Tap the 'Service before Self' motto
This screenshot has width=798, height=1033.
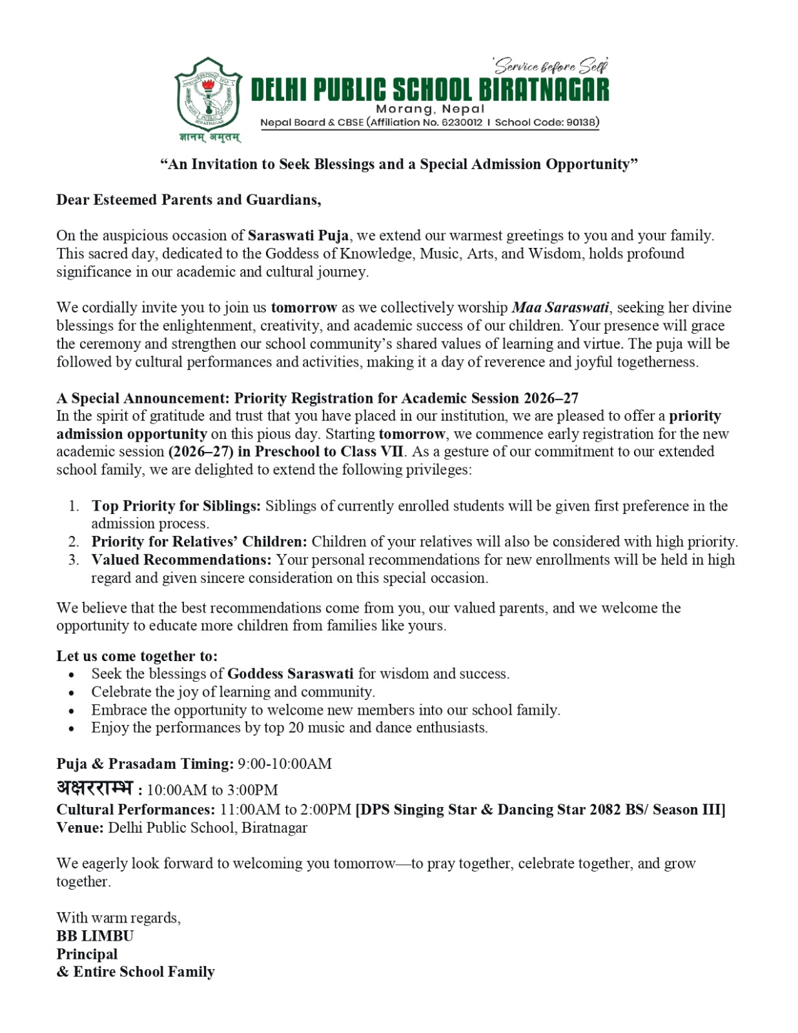pyautogui.click(x=551, y=66)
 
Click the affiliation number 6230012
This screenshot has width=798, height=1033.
pyautogui.click(x=462, y=123)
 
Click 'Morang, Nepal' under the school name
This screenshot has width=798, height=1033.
pyautogui.click(x=430, y=108)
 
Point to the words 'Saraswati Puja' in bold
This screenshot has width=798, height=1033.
pyautogui.click(x=298, y=236)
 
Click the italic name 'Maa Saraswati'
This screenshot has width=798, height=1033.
pyautogui.click(x=560, y=307)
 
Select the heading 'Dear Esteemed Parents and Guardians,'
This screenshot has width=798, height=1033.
pyautogui.click(x=189, y=199)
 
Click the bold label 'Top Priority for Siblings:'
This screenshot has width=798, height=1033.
pyautogui.click(x=176, y=506)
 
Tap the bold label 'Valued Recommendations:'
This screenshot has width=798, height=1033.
pyautogui.click(x=181, y=560)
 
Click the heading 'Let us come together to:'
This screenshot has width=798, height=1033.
pyautogui.click(x=137, y=656)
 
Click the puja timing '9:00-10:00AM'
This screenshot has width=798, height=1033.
pyautogui.click(x=285, y=764)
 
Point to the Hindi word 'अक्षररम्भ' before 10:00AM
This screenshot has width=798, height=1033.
pyautogui.click(x=95, y=788)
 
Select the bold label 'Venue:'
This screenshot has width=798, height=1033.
pyautogui.click(x=80, y=828)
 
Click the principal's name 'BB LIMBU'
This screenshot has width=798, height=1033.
pyautogui.click(x=95, y=936)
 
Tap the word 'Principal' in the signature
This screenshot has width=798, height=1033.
pyautogui.click(x=87, y=954)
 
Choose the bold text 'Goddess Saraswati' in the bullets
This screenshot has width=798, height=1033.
pyautogui.click(x=291, y=674)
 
